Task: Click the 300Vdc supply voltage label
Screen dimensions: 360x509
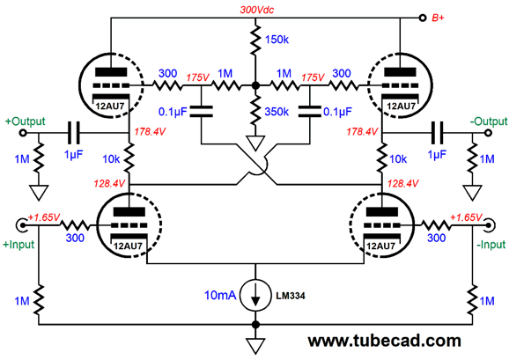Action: [x=256, y=10]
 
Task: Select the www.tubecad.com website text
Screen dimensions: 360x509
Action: [x=384, y=340]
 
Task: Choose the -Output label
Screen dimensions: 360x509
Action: [x=483, y=120]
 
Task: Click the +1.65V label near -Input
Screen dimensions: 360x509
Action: [x=467, y=217]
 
